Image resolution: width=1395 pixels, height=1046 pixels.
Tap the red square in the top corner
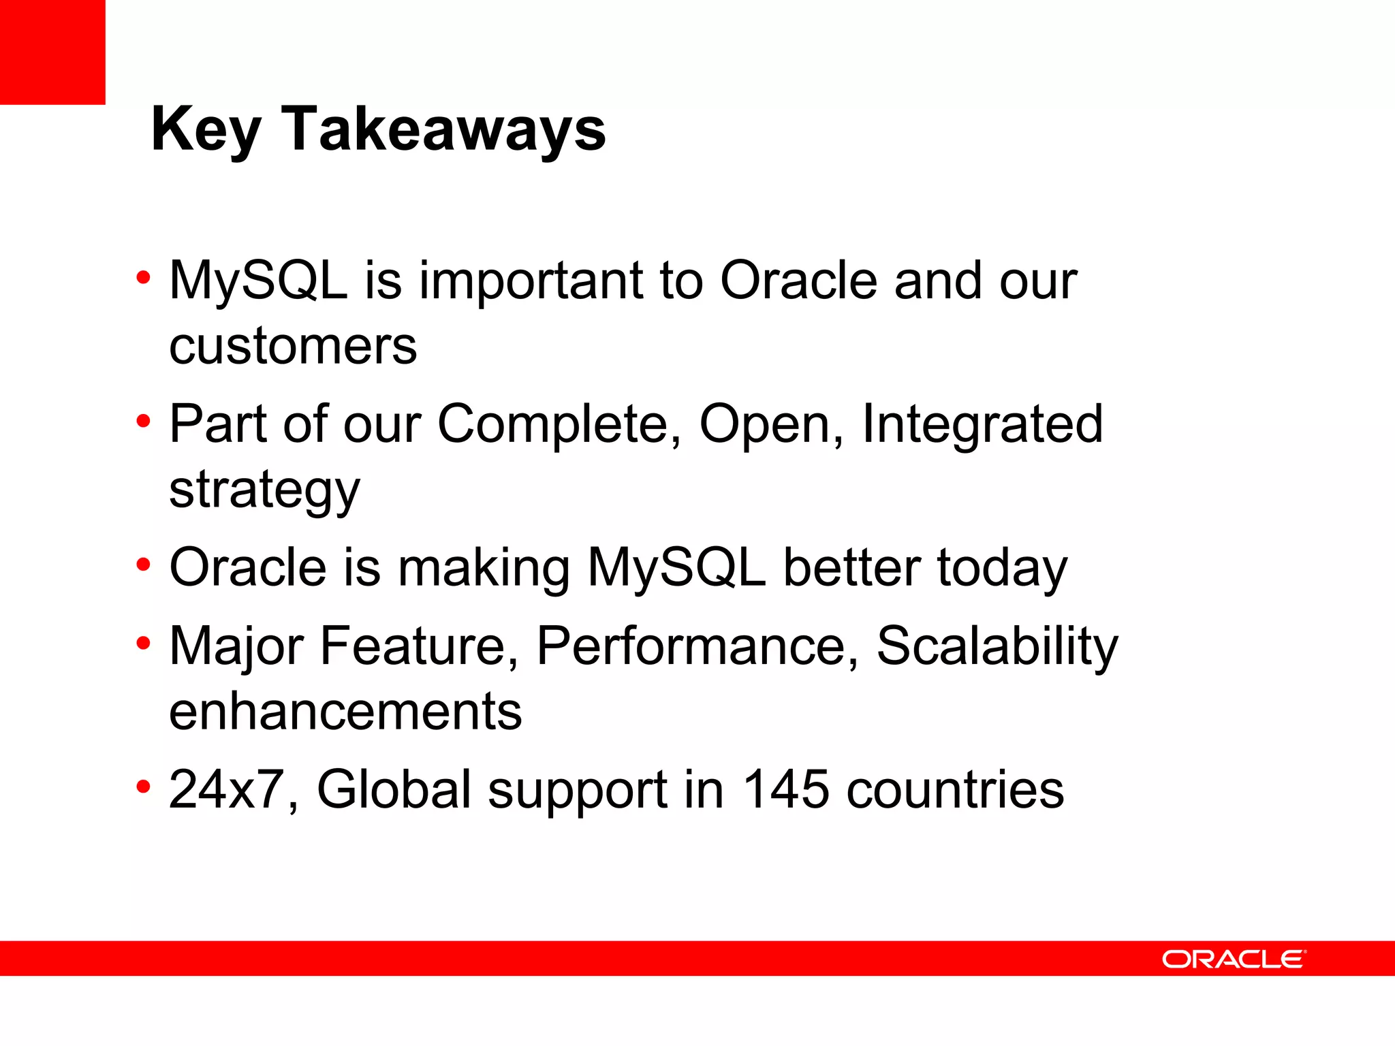point(52,52)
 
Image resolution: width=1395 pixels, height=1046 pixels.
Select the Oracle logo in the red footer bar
point(1234,960)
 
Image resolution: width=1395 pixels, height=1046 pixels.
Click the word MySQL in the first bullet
point(258,281)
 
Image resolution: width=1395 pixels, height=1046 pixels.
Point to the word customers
point(293,346)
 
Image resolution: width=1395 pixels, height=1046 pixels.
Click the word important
point(531,281)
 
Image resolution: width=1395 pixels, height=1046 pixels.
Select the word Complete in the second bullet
point(559,424)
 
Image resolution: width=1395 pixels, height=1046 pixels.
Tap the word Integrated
point(982,424)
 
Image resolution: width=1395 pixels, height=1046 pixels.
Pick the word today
point(1002,568)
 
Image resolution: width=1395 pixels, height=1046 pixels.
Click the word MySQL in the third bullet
point(676,568)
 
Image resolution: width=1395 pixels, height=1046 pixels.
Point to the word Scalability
point(997,646)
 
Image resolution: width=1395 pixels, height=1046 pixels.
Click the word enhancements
point(345,712)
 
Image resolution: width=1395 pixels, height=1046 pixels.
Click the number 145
point(785,790)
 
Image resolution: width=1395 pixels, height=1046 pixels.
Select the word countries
point(955,790)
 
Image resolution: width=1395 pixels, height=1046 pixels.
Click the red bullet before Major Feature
point(143,642)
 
